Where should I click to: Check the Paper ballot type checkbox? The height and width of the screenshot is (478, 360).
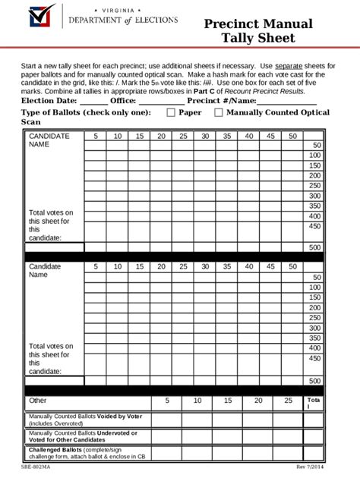169,113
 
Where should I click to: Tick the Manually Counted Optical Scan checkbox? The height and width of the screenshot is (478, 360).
219,113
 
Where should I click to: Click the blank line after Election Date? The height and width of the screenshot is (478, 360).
93,101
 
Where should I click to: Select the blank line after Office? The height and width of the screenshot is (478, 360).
161,101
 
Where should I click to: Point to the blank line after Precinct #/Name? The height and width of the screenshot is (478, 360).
287,101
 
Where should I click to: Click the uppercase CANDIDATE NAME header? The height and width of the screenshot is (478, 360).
49,140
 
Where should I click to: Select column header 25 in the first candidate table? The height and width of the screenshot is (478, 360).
183,136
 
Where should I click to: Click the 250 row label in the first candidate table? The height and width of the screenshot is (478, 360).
314,185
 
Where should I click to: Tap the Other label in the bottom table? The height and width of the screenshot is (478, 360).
38,400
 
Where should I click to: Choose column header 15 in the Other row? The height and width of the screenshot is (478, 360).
227,400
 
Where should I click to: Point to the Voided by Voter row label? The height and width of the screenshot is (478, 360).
85,420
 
